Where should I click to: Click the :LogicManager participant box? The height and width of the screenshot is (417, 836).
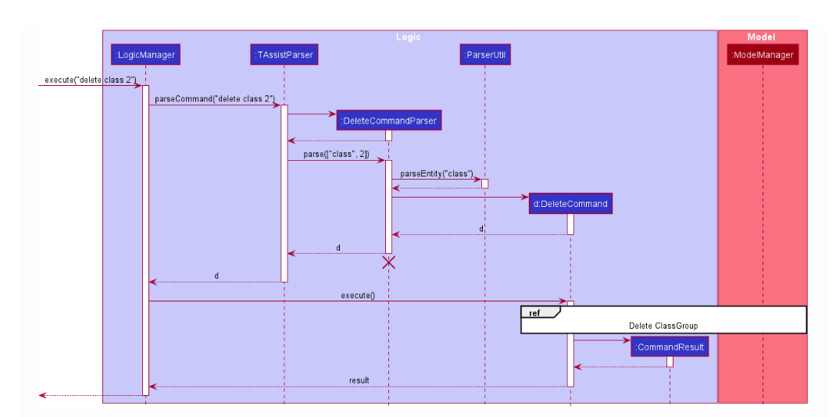(x=146, y=55)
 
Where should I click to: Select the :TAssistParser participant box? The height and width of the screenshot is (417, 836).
(x=284, y=55)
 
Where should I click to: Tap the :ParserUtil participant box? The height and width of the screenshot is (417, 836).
(x=485, y=55)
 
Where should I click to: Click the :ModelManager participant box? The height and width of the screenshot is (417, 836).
(x=763, y=55)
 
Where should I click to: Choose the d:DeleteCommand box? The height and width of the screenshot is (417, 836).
(x=570, y=204)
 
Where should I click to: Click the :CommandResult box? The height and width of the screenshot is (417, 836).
(x=670, y=347)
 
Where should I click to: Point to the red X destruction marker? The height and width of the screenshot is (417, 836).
(x=388, y=262)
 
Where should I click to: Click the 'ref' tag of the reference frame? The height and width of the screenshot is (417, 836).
(x=535, y=312)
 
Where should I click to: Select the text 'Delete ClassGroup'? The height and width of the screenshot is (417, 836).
(x=663, y=326)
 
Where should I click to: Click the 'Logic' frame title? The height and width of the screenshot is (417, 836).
(x=408, y=37)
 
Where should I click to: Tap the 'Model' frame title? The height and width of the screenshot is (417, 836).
(x=761, y=37)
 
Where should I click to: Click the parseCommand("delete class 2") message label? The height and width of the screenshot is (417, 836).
(x=215, y=98)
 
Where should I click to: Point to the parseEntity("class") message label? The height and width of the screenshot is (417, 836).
(x=437, y=173)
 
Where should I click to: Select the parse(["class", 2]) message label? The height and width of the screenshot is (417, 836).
(x=336, y=154)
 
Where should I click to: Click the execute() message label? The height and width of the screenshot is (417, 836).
(x=358, y=294)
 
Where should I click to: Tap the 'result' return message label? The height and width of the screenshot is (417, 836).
(x=359, y=380)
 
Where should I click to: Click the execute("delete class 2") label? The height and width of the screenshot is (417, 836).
(x=90, y=80)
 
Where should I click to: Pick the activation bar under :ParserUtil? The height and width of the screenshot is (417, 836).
(x=485, y=184)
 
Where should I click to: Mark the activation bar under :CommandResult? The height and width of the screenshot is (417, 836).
(x=670, y=362)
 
